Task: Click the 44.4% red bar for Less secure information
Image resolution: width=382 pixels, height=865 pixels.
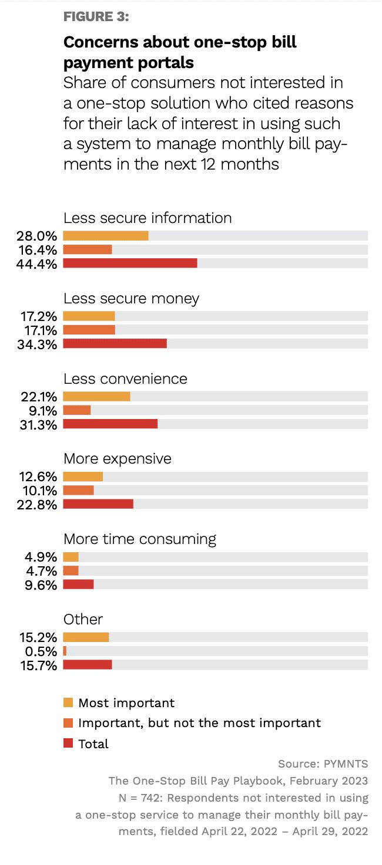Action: pos(130,263)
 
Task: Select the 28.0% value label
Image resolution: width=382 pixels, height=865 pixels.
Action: pos(36,236)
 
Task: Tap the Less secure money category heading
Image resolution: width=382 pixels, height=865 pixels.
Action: pos(132,299)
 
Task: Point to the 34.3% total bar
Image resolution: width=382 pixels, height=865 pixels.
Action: pos(115,344)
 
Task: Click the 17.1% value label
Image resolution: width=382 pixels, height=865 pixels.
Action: pos(39,330)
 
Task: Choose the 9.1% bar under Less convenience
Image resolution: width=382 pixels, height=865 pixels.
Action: pos(76,410)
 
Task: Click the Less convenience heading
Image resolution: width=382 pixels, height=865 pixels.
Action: pos(125,379)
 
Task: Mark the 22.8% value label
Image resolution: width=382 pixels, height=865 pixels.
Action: pos(37,505)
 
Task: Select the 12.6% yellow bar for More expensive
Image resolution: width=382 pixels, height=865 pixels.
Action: pos(83,477)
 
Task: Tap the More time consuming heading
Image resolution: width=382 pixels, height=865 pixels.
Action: pos(140,539)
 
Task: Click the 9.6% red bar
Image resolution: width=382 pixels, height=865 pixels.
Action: pos(78,584)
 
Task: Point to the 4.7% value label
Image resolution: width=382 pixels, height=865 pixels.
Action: pos(41,571)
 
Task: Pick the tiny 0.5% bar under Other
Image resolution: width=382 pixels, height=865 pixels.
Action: pos(65,651)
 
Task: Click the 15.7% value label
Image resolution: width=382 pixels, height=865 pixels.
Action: pos(39,665)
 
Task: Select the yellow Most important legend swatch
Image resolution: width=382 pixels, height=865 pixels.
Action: pos(68,702)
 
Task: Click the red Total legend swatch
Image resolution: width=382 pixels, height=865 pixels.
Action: pos(68,744)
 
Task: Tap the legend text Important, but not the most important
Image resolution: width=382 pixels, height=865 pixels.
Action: pos(199,724)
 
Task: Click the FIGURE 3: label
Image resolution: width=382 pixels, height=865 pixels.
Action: pos(96,16)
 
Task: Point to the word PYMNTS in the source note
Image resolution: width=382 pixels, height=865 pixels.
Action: pos(346,764)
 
